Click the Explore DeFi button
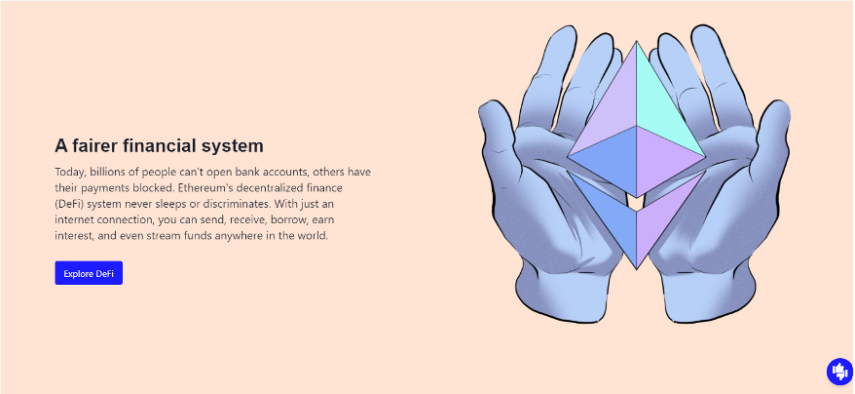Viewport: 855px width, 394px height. coord(89,273)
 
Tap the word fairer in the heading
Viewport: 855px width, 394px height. coord(93,146)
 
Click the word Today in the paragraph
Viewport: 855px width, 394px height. coord(70,173)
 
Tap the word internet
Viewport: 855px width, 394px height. coord(72,220)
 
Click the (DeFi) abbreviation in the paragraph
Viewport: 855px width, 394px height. coord(69,205)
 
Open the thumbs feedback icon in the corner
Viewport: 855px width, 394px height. coord(839,372)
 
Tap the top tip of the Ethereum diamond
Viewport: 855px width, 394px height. coord(636,41)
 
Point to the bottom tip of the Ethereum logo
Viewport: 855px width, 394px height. coord(636,269)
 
